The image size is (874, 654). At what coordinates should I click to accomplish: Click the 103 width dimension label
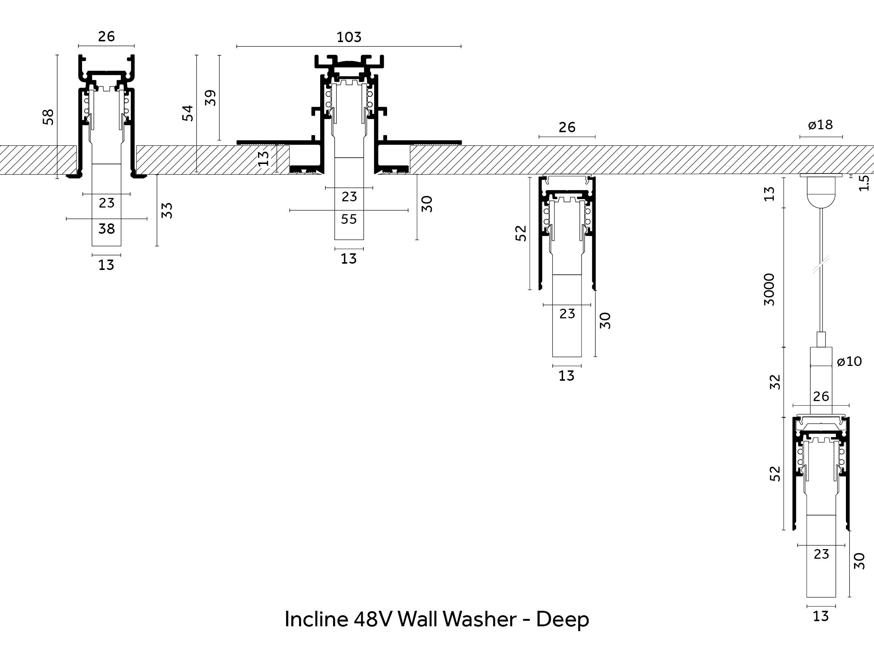coord(349,37)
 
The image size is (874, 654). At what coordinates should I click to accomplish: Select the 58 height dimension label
coord(48,117)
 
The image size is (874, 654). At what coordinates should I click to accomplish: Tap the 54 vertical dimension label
coord(188,113)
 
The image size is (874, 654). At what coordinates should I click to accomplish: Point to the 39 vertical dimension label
coord(211,98)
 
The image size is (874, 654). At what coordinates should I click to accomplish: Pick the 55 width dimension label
coord(349,219)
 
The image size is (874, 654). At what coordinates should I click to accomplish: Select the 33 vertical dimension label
coord(167,210)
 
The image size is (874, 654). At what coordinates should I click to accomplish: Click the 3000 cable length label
coord(769,289)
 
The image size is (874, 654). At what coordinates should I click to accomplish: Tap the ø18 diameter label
coord(820,125)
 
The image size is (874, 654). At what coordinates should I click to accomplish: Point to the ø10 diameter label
coord(849,361)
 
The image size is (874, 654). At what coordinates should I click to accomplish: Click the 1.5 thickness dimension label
coord(864,183)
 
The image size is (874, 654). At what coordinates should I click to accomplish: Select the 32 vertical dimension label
coord(775,382)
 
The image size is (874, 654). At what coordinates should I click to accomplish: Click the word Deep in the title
coord(562,619)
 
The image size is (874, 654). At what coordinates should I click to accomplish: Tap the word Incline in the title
coord(316,619)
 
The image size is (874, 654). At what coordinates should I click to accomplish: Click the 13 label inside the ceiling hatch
coord(264,159)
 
